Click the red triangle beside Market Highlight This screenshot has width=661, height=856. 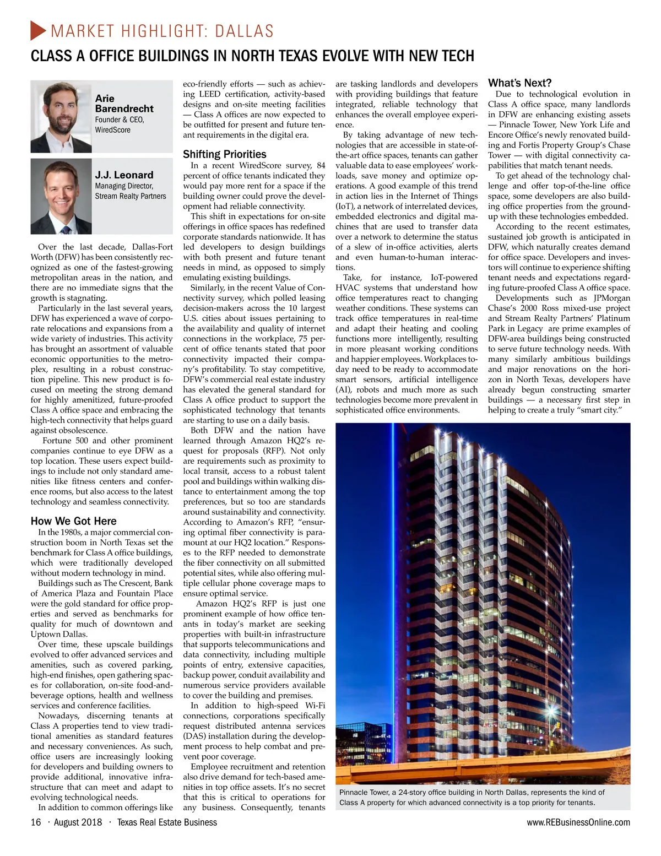pyautogui.click(x=38, y=30)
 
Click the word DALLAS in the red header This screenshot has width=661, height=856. pyautogui.click(x=244, y=31)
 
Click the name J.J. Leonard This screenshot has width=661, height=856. pyautogui.click(x=124, y=175)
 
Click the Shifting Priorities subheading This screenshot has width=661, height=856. pyautogui.click(x=224, y=154)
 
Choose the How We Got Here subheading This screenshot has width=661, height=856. pyautogui.click(x=73, y=521)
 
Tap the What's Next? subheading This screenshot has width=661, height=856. pyautogui.click(x=519, y=83)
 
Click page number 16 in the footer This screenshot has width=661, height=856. pyautogui.click(x=36, y=822)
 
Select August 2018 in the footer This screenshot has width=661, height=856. pyautogui.click(x=78, y=822)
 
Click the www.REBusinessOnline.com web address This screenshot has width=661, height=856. pyautogui.click(x=578, y=822)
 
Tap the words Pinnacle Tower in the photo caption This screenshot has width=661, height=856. pyautogui.click(x=364, y=792)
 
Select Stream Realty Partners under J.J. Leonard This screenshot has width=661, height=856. pyautogui.click(x=130, y=196)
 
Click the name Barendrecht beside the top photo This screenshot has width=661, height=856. pyautogui.click(x=124, y=109)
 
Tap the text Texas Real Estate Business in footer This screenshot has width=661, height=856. pyautogui.click(x=167, y=822)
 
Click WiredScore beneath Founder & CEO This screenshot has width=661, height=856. pyautogui.click(x=112, y=129)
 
